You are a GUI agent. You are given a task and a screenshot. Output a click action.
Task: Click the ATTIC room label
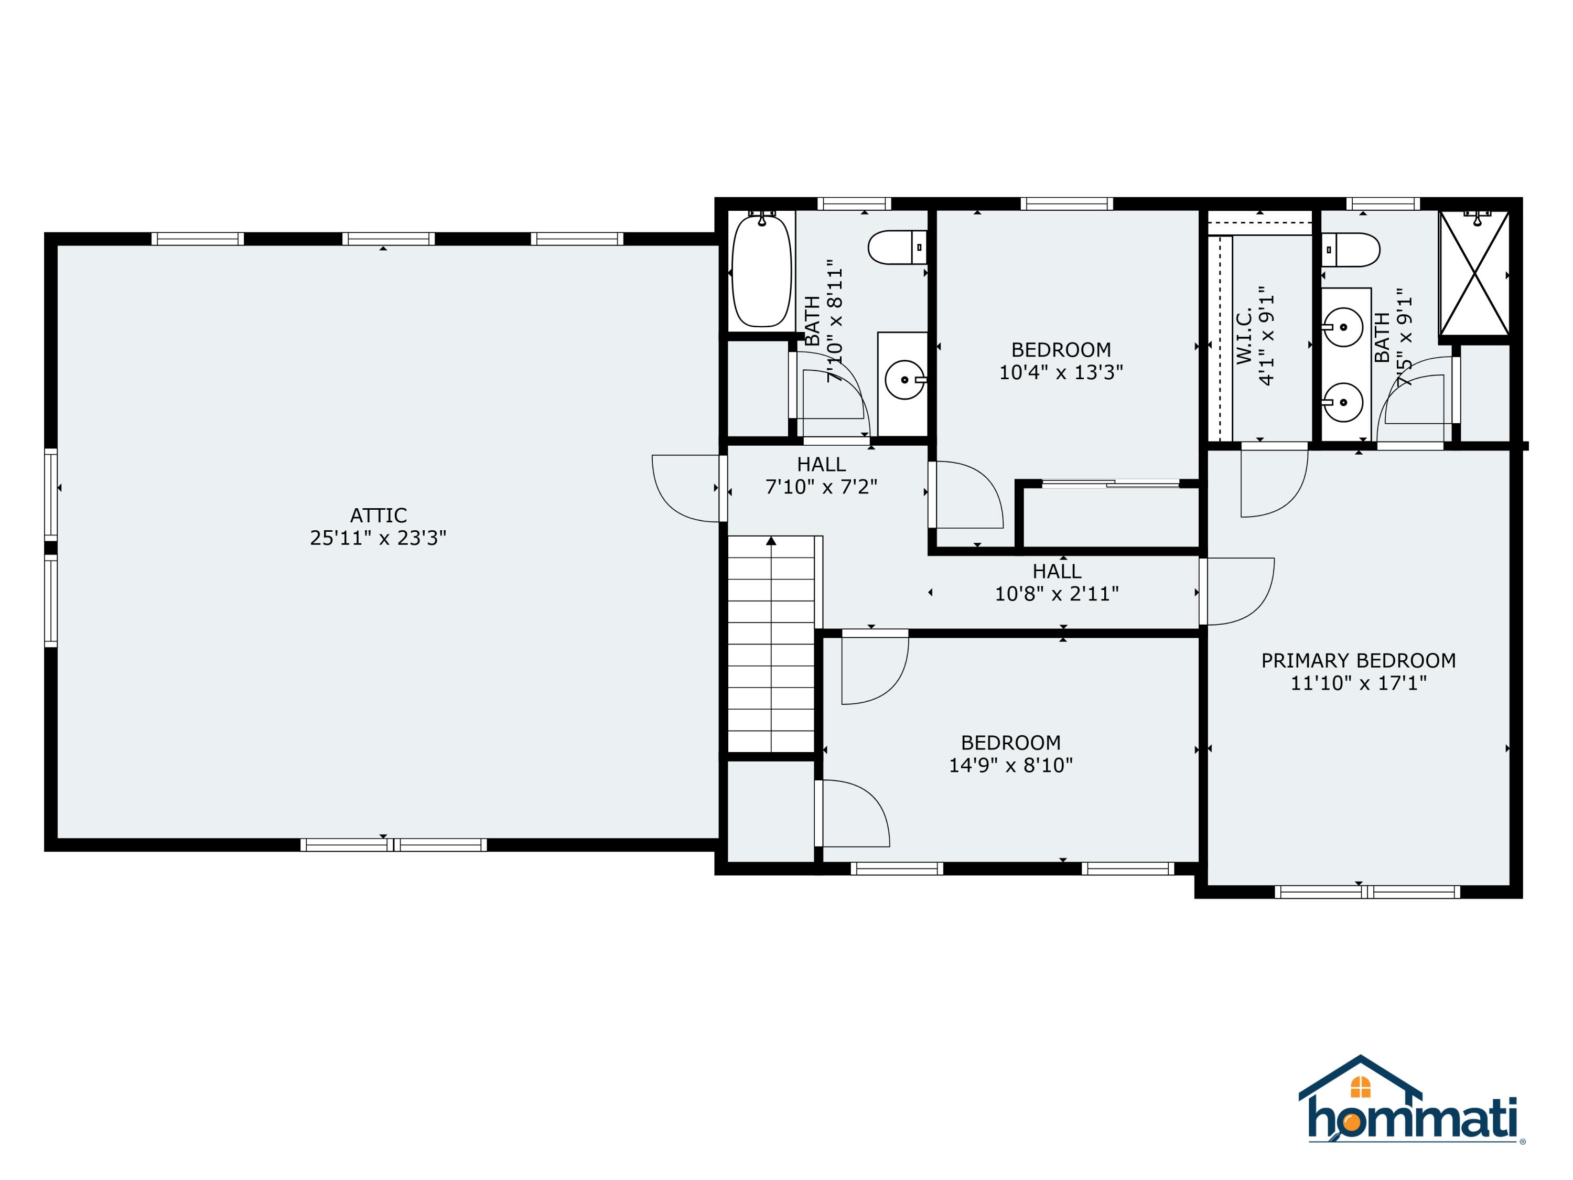[x=379, y=515]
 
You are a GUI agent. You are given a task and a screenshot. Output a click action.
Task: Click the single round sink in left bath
[x=904, y=380]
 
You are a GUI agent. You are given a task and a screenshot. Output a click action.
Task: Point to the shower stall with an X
[x=1474, y=273]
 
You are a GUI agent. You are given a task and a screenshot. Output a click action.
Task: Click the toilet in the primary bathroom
[x=1351, y=250]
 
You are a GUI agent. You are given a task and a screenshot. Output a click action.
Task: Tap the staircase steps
[x=771, y=643]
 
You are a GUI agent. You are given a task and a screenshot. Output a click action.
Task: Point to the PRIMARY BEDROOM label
[x=1358, y=660]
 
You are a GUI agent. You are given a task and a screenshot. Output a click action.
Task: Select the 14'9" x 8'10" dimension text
[x=1010, y=765]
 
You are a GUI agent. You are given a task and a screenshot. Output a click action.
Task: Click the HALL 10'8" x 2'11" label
[x=1057, y=582]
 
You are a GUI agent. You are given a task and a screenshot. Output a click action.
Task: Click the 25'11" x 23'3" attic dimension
[x=379, y=538]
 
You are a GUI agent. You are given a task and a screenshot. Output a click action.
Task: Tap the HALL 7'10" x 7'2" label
[x=821, y=475]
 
